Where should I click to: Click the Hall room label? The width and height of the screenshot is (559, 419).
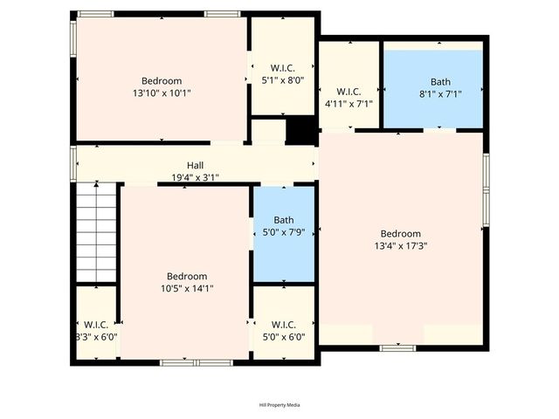195,165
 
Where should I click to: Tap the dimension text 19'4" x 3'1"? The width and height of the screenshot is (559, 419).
195,177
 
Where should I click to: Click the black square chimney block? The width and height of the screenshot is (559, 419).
300,130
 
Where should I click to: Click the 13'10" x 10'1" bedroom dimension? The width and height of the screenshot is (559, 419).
162,93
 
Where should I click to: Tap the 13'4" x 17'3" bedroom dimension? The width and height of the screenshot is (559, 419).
400,245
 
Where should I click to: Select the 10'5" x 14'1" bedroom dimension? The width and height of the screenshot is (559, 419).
187,288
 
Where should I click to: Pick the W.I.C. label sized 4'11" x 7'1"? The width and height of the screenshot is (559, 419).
349,103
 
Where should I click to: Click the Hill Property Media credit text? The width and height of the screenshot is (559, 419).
279,405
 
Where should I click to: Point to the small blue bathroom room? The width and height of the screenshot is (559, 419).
284,253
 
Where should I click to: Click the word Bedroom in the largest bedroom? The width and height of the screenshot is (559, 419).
400,233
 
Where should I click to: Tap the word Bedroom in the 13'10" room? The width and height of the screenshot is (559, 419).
162,81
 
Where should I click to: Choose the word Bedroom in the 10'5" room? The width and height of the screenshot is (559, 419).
187,276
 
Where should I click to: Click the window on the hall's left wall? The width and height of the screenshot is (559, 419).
74,163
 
